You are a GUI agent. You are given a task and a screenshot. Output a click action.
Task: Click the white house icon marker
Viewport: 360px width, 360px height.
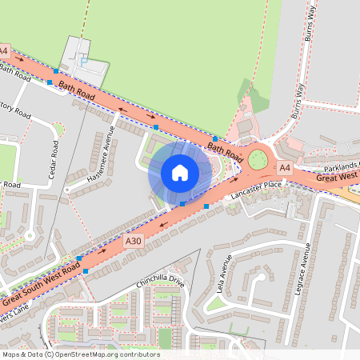180,172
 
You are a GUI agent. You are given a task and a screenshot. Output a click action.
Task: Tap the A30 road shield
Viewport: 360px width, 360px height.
134,240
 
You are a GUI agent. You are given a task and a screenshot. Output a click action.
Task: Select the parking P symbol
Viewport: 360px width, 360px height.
84,60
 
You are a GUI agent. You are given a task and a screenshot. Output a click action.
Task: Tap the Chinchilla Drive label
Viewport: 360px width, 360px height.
160,282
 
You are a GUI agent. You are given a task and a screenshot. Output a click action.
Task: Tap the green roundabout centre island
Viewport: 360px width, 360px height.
258,159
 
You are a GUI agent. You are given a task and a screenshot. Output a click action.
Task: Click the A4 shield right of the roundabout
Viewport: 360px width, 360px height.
284,168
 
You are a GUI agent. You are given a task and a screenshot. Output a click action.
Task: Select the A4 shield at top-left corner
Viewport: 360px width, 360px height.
4,51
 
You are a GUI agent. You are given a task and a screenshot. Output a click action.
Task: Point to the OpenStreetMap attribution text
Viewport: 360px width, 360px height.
81,354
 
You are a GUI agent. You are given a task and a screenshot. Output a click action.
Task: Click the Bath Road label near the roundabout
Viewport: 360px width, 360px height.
225,149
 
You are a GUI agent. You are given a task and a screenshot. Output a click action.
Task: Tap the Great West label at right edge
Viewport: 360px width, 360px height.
338,178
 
